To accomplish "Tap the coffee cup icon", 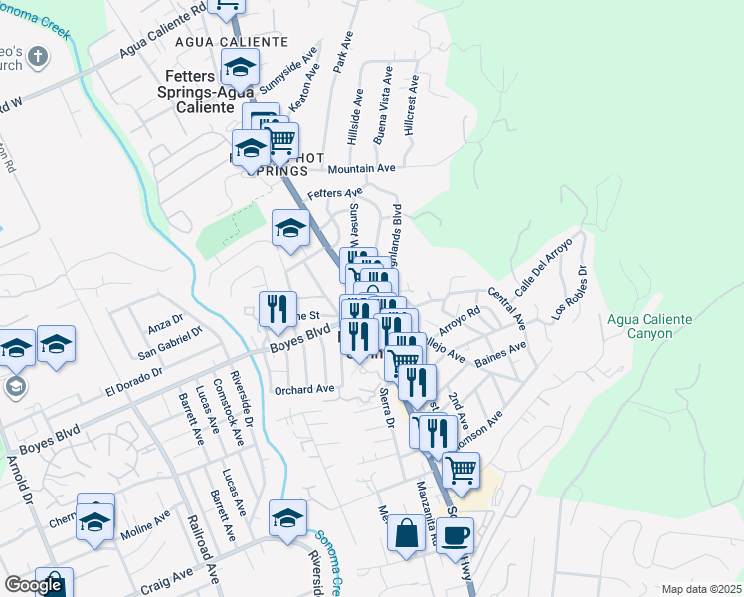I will [x=456, y=535].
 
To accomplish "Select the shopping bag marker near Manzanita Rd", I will [x=406, y=533].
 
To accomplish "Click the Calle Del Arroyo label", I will [x=543, y=265].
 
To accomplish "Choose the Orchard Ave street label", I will [x=304, y=389].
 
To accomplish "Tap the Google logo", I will [x=33, y=585].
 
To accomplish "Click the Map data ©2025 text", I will [x=702, y=589].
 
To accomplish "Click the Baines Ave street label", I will [x=501, y=354].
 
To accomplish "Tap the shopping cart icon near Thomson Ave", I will [x=461, y=468].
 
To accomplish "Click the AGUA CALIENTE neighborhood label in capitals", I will [x=232, y=42].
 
